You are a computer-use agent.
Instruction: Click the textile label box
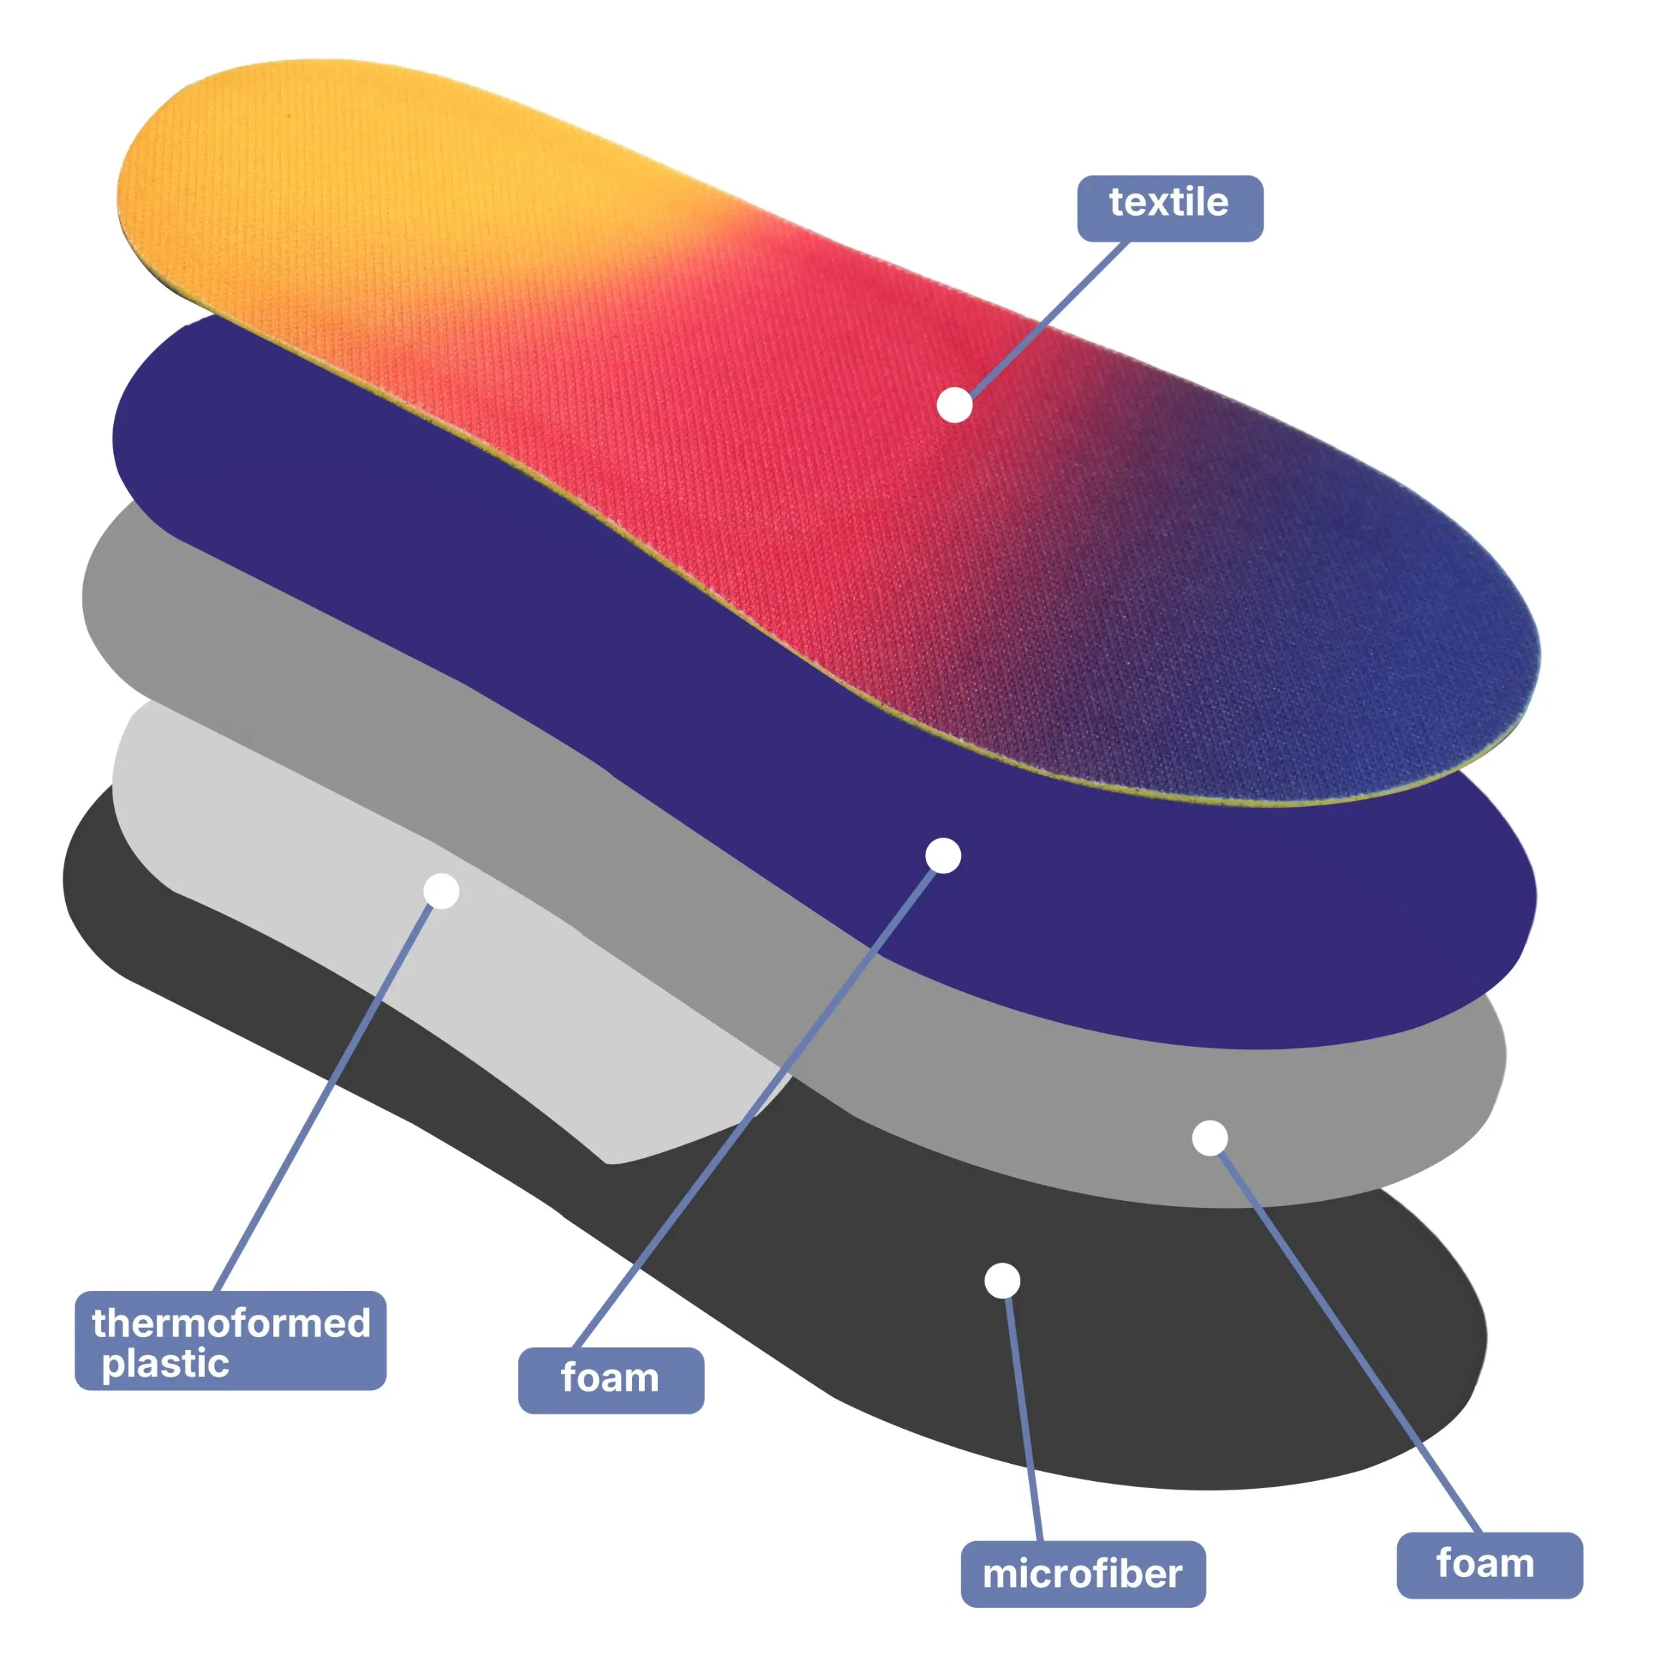[x=1169, y=209]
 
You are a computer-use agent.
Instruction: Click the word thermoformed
[x=231, y=1323]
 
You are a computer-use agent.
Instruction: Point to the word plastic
[x=166, y=1364]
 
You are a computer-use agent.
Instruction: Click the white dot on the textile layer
[x=954, y=405]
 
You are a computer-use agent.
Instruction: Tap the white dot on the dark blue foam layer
[x=943, y=856]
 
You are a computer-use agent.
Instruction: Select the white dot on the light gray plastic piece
[x=441, y=891]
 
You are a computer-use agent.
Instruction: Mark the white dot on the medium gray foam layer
[x=1209, y=1138]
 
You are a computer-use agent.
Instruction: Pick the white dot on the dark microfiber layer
[x=1002, y=1281]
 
